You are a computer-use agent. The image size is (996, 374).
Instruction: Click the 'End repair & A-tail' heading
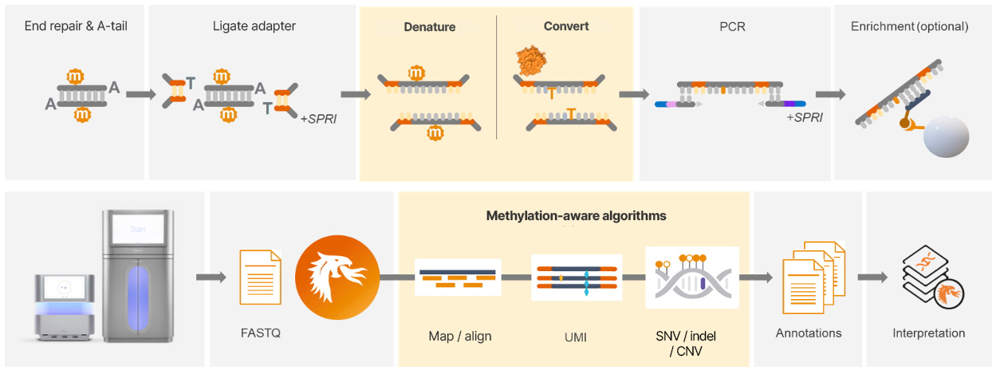76,26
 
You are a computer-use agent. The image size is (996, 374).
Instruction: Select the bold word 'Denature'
429,27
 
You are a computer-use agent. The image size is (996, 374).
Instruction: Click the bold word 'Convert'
566,26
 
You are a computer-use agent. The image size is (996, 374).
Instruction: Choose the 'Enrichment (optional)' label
909,26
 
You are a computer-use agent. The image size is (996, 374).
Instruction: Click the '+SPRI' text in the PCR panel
805,117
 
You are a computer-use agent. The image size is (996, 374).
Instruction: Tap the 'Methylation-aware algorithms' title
577,216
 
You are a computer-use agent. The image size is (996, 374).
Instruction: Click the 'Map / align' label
459,336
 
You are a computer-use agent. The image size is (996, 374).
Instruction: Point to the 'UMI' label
575,337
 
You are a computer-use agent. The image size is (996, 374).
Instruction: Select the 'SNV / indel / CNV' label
691,344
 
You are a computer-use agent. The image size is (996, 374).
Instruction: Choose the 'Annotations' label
809,333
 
